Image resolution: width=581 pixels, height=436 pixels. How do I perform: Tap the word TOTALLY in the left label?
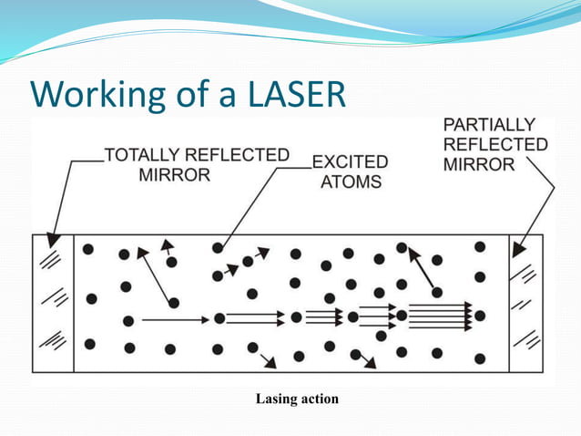(144, 155)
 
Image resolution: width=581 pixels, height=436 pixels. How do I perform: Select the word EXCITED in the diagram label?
(350, 162)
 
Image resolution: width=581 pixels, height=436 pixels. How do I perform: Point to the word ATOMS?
(352, 182)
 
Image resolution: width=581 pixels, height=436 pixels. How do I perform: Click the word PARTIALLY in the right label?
(489, 124)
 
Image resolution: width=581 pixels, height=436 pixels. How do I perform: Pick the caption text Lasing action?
(297, 399)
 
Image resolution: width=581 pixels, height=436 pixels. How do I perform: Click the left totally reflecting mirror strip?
(52, 304)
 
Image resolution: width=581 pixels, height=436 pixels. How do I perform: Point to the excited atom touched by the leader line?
(218, 248)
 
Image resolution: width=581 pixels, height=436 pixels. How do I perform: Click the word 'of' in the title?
(195, 94)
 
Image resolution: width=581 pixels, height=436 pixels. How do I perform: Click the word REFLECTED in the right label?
(495, 144)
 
